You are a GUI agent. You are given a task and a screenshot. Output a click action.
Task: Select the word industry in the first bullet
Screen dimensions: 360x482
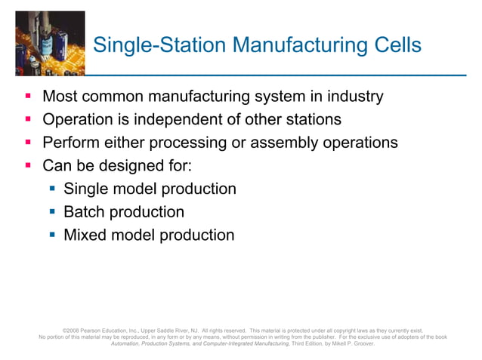351,97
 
